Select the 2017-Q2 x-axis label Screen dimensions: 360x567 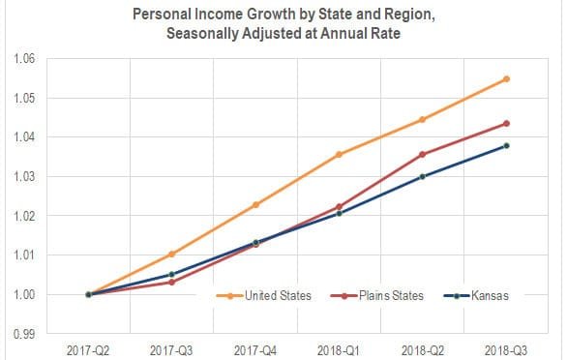click(88, 346)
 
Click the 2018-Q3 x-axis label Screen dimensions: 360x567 click(505, 346)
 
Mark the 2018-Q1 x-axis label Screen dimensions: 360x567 click(339, 346)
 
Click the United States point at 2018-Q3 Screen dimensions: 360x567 click(506, 79)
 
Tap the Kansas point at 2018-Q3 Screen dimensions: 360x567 click(506, 146)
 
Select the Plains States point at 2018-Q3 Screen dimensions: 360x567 click(506, 124)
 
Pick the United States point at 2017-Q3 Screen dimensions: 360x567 click(171, 255)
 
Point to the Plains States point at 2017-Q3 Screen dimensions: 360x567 click(171, 283)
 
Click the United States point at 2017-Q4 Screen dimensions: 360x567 click(255, 204)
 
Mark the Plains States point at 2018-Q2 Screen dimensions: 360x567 click(423, 154)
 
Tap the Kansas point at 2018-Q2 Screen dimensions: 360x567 click(423, 176)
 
